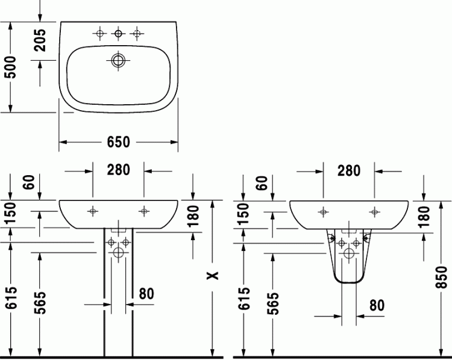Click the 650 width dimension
tap(119, 142)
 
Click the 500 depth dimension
tap(11, 67)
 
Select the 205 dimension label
tap(40, 40)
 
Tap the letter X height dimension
tap(213, 276)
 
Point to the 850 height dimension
tap(441, 278)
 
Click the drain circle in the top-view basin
tap(118, 60)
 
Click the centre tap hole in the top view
tap(118, 34)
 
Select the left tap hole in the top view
tap(99, 34)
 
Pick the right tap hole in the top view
tap(137, 34)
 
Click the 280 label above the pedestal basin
tap(119, 170)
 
